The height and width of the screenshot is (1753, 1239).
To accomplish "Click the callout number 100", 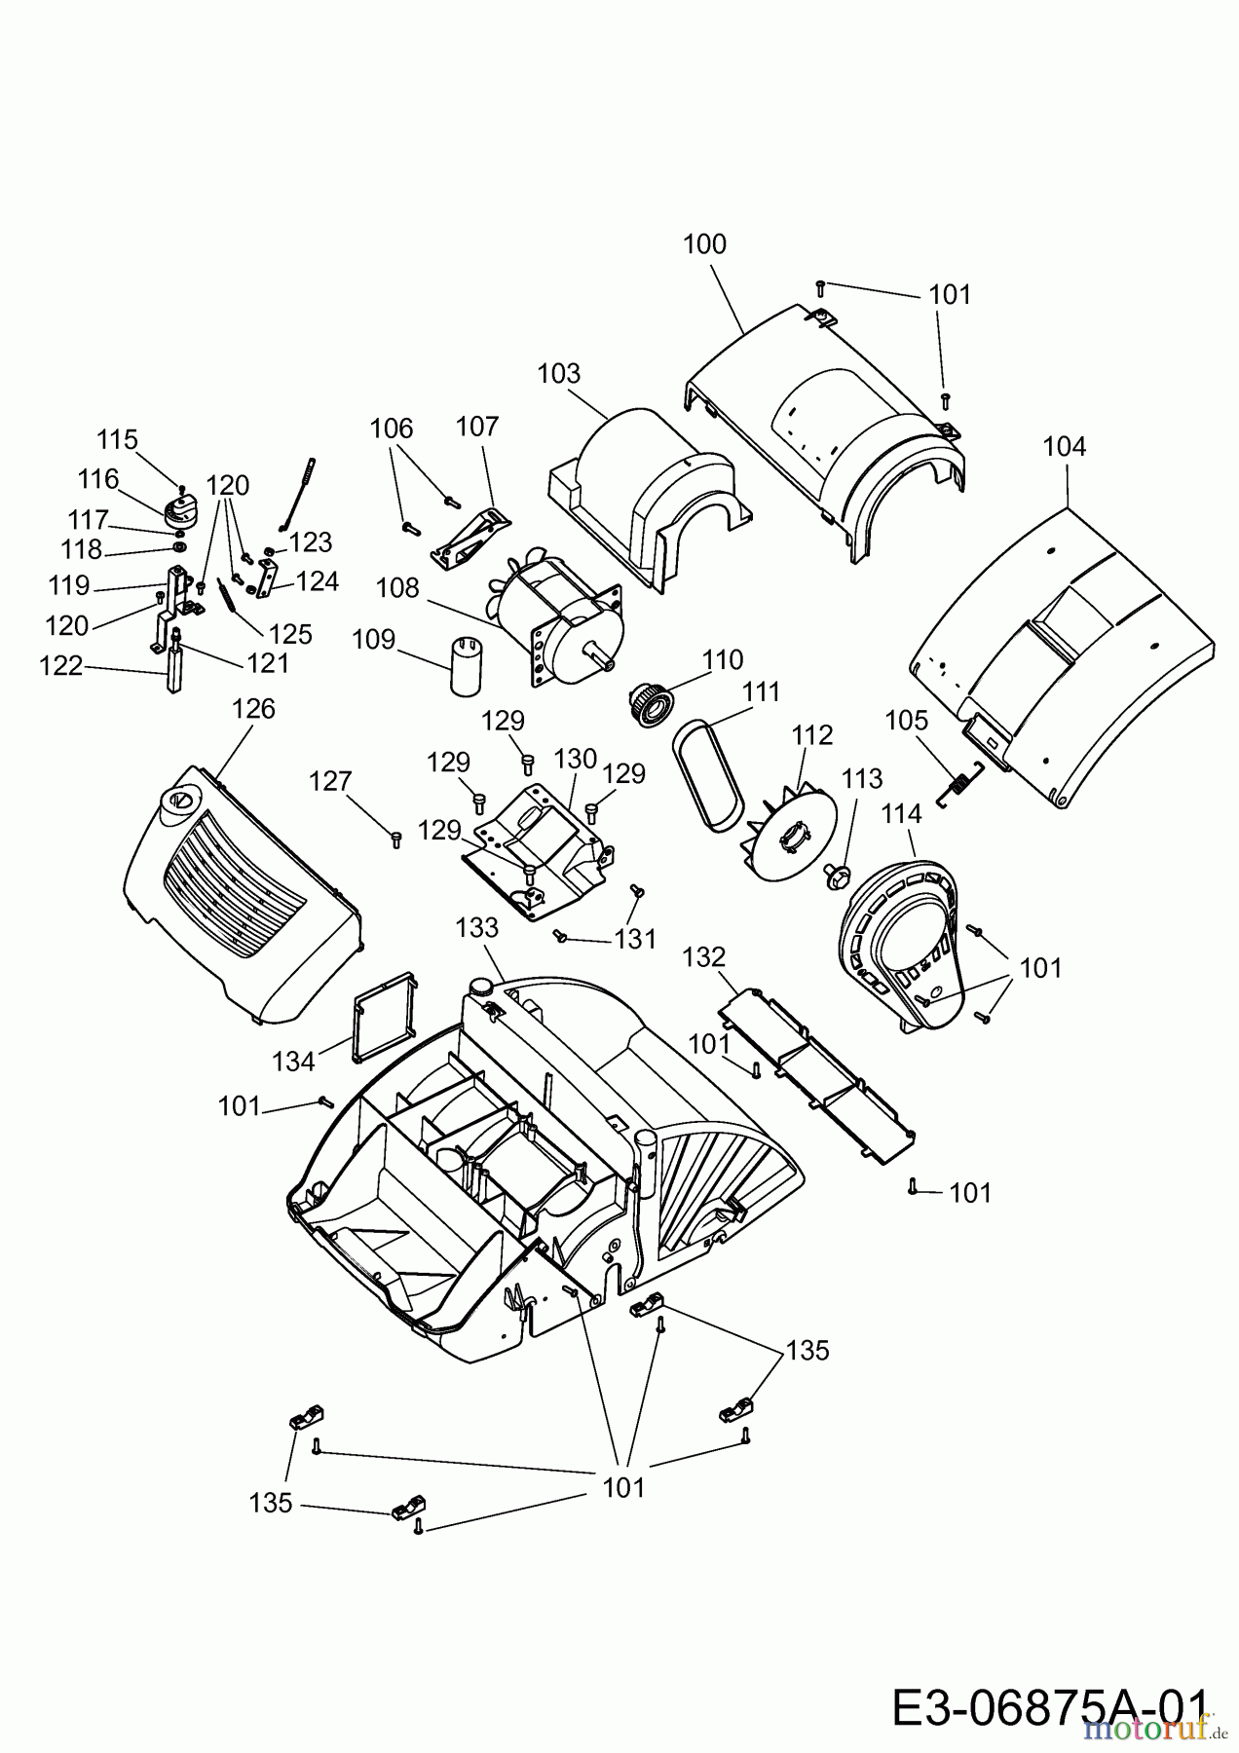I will coord(704,244).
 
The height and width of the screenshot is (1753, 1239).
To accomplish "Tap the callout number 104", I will coord(1064,447).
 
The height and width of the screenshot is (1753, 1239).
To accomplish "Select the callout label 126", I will coord(253,709).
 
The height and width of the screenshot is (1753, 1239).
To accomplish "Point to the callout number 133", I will coord(477,928).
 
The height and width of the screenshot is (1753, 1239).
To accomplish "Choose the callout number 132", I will coord(704,957).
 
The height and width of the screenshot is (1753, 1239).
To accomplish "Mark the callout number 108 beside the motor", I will coord(397,589).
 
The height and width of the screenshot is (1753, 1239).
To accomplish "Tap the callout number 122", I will coord(60,667).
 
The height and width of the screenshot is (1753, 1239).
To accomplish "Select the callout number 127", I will coord(330,782).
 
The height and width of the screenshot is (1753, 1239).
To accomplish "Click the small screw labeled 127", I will coord(395,839).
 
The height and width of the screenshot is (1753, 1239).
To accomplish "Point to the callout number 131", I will coord(635,939).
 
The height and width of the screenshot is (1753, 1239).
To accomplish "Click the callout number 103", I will coord(558,374).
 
